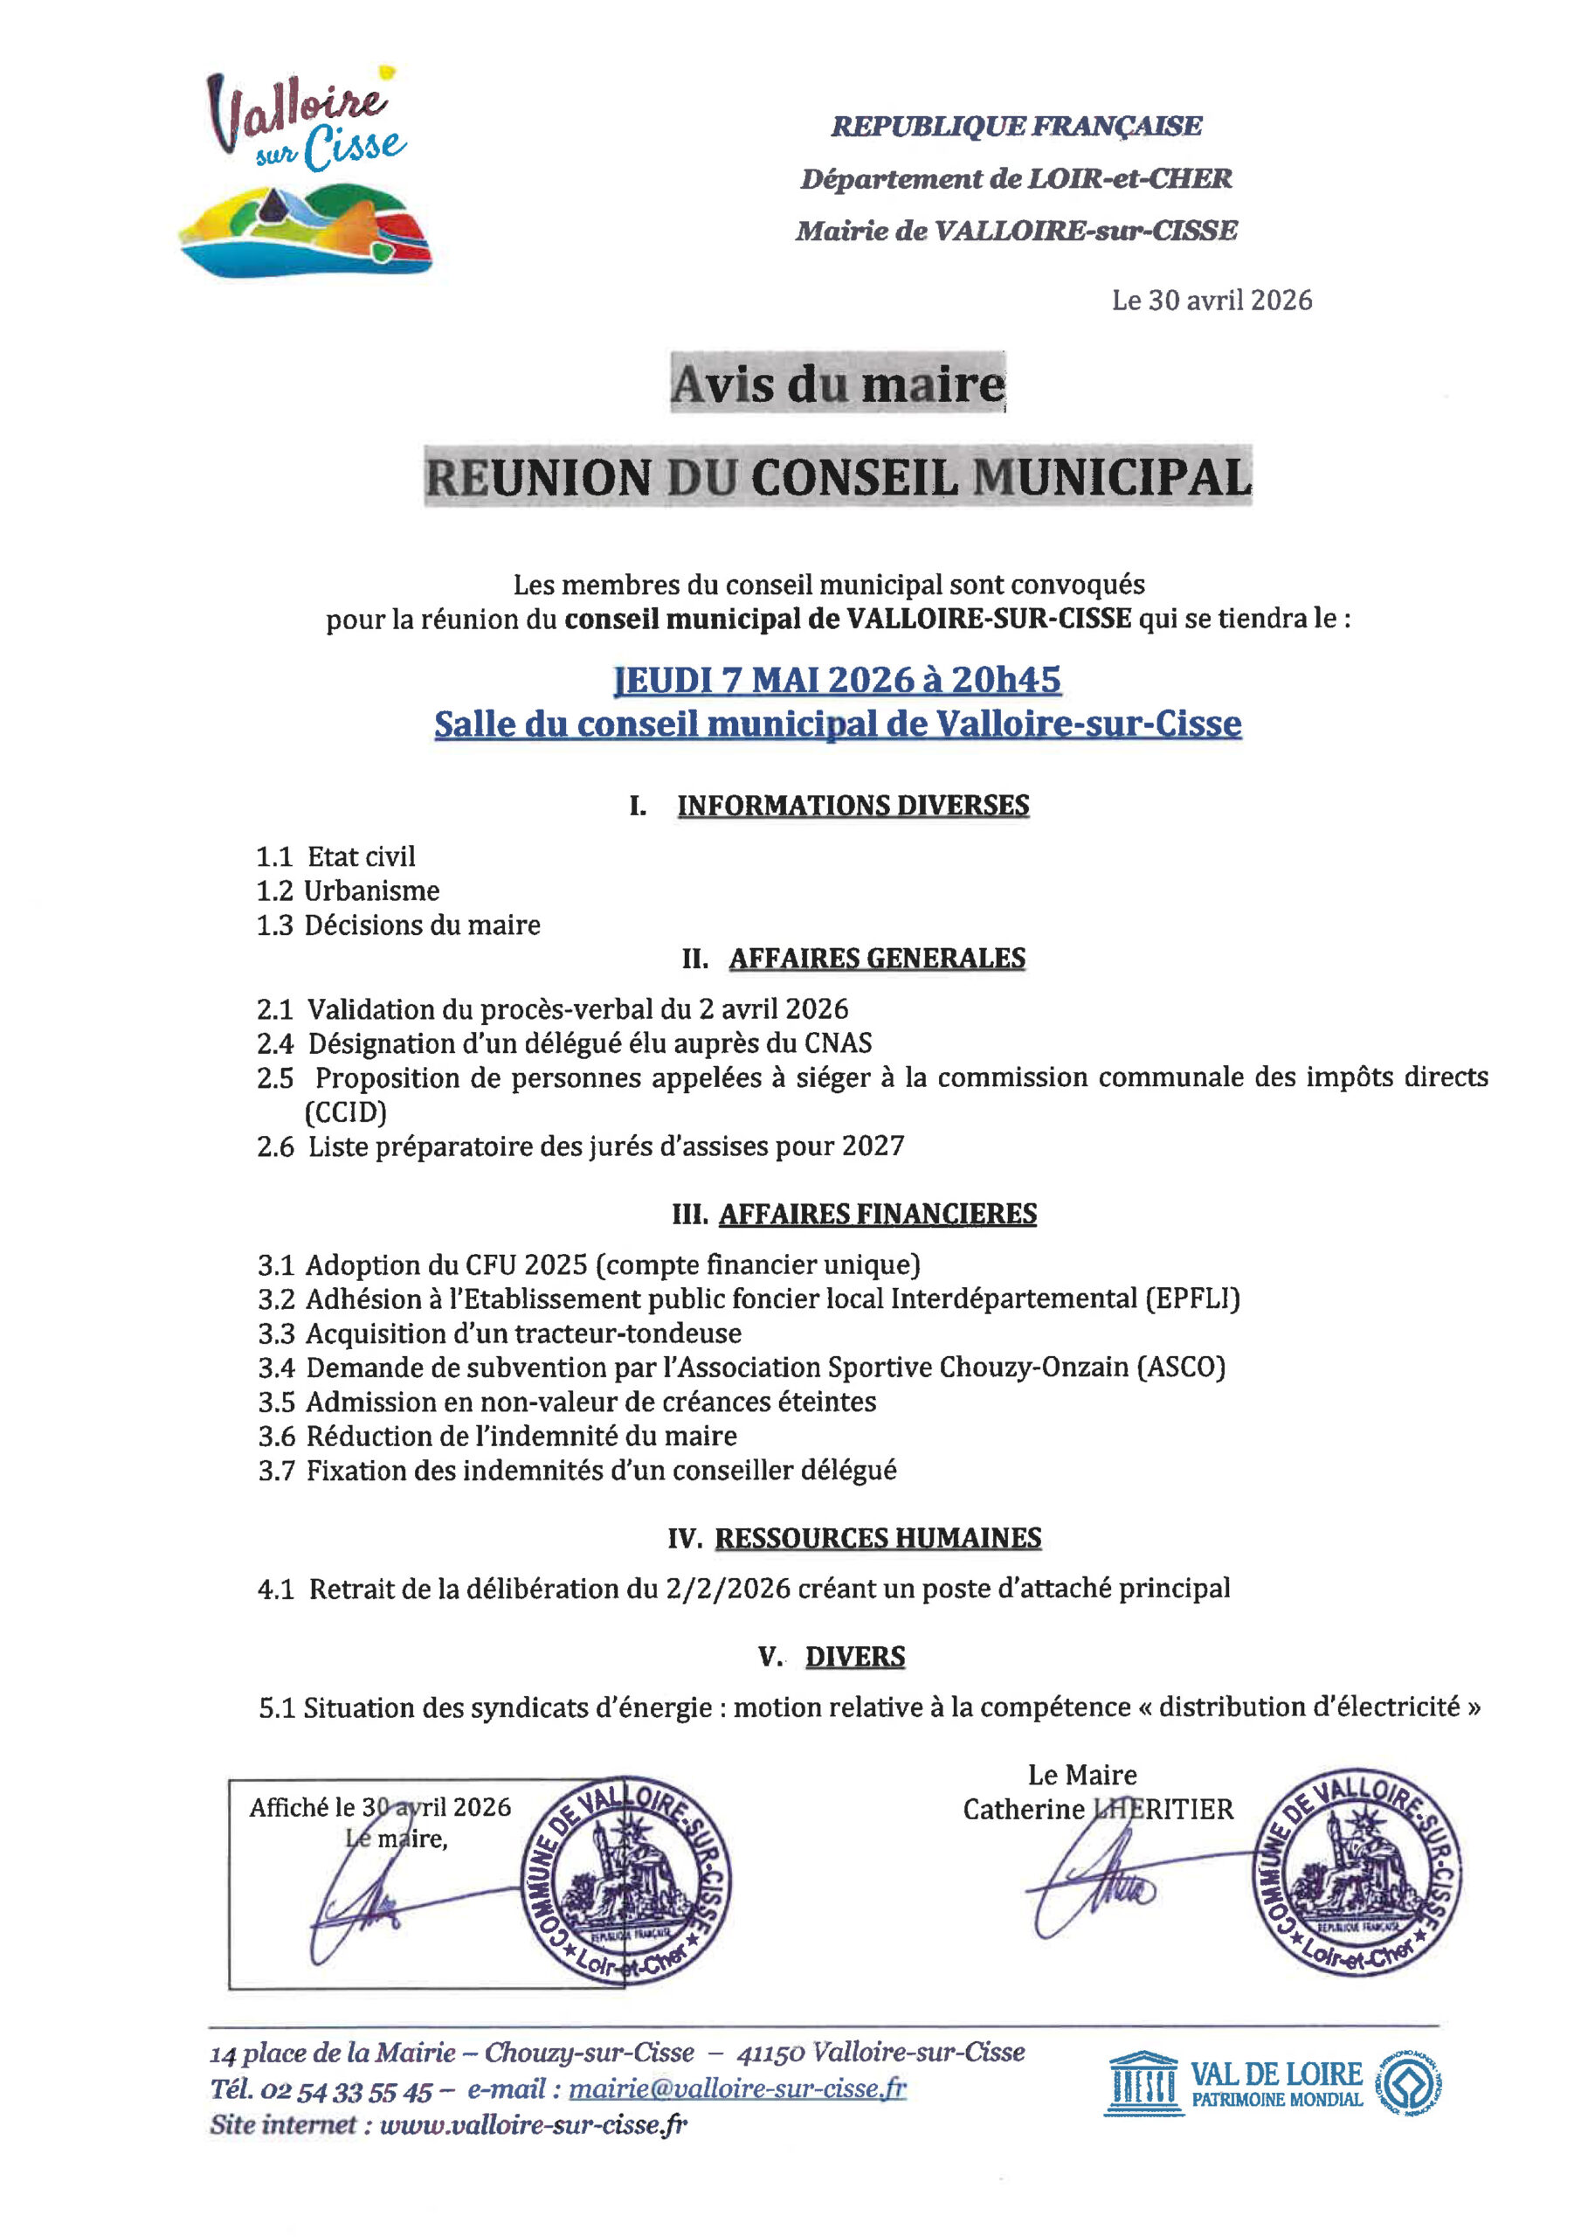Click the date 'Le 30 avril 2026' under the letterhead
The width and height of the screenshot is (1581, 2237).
tap(1212, 300)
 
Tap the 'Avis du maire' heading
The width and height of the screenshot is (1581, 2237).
tap(837, 384)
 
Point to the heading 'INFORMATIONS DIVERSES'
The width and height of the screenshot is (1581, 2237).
tap(853, 806)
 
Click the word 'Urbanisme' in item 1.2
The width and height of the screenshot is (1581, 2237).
tap(372, 890)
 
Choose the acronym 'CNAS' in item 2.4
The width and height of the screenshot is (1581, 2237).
tap(838, 1043)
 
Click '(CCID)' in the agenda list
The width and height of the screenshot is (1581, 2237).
tap(346, 1112)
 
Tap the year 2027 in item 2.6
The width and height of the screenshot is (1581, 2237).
tap(873, 1146)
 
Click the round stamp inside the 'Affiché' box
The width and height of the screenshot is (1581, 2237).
tap(625, 1881)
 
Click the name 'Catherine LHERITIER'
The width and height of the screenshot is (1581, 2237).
tap(1098, 1810)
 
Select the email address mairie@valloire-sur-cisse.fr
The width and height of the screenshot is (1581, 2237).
tap(737, 2089)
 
